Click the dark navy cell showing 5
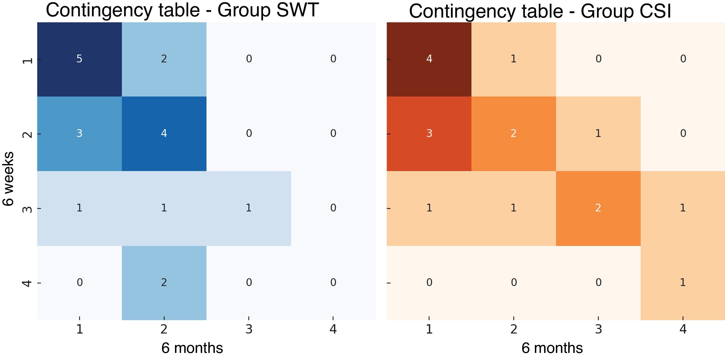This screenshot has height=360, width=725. click(80, 59)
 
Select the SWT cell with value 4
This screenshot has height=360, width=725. click(164, 134)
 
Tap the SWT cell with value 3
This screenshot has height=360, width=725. click(80, 134)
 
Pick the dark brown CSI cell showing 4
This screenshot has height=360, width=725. click(429, 59)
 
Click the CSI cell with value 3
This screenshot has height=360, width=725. click(429, 134)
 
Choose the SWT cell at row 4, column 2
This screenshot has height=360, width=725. click(164, 283)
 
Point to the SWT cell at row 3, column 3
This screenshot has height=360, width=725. click(249, 209)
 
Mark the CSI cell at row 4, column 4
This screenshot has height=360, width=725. click(683, 283)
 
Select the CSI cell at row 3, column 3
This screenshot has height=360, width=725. click(598, 209)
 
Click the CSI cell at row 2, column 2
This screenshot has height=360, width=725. click(514, 134)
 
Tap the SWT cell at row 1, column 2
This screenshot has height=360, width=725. click(164, 59)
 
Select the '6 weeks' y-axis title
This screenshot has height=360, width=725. click(9, 179)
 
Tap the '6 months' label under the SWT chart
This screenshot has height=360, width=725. click(192, 348)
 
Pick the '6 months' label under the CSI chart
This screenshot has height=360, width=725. click(552, 348)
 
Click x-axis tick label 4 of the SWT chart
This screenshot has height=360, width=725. click(333, 329)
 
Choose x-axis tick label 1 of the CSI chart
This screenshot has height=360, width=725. click(429, 329)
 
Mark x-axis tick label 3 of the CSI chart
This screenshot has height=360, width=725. click(598, 329)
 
